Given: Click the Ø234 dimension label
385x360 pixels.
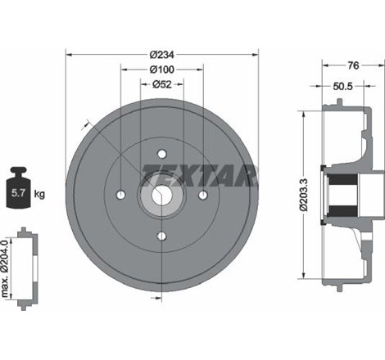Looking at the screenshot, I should click(161, 55).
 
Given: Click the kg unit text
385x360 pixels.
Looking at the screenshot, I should click(40, 195).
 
